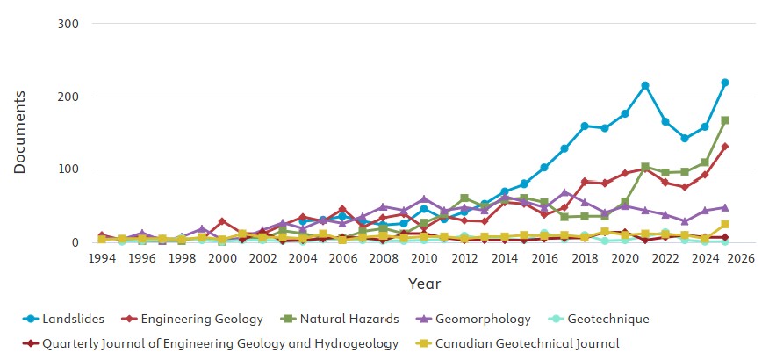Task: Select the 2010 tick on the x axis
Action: click(424, 259)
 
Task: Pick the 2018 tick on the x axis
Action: click(585, 259)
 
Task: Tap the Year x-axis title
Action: click(423, 284)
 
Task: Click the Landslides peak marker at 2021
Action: click(645, 85)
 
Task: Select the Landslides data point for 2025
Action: click(725, 83)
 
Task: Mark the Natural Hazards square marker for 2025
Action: click(725, 120)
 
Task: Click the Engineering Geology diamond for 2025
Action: click(725, 147)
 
